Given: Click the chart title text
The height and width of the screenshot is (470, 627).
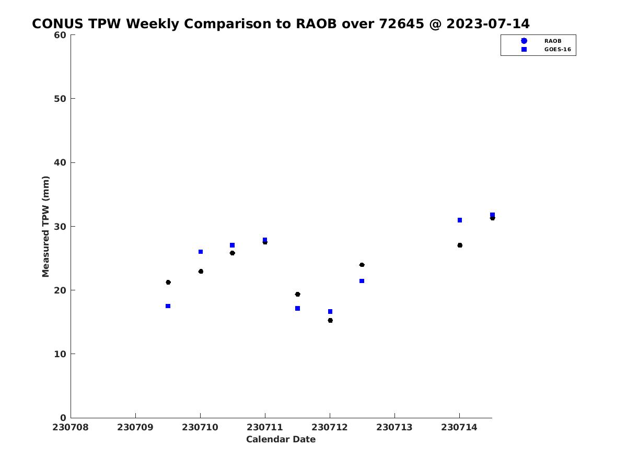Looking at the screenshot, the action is coord(281,23).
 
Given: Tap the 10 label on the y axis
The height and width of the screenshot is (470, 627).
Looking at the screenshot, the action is coord(60,354).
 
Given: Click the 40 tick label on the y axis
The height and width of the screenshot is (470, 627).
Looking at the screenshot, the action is coord(60,162).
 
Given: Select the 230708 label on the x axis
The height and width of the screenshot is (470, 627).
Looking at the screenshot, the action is coord(70,427).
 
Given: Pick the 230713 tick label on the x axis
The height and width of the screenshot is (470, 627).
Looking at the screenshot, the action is coord(394,427).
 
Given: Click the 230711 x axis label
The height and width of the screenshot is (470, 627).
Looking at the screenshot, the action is coord(264,427).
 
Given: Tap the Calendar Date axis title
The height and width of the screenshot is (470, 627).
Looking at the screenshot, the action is coord(281,439).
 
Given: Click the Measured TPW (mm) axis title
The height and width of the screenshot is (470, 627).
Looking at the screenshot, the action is coord(45,226).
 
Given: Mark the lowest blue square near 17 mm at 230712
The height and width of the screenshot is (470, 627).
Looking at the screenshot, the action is coord(330,311).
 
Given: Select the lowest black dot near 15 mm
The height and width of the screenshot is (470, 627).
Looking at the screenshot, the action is coord(330,320).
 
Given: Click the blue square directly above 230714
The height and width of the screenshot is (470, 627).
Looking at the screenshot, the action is coord(460,220).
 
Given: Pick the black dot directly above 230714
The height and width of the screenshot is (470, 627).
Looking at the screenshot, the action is coord(460,245).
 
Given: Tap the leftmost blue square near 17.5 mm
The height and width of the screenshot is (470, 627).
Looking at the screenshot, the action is coord(168,306).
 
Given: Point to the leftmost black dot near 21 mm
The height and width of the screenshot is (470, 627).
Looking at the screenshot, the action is coord(168,282).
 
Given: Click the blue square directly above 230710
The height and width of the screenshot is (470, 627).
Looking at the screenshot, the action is coord(201,252).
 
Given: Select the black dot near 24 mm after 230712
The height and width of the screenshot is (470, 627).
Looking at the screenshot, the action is coord(362,265).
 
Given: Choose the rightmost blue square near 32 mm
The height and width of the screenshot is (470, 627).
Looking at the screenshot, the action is coord(492,215).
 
